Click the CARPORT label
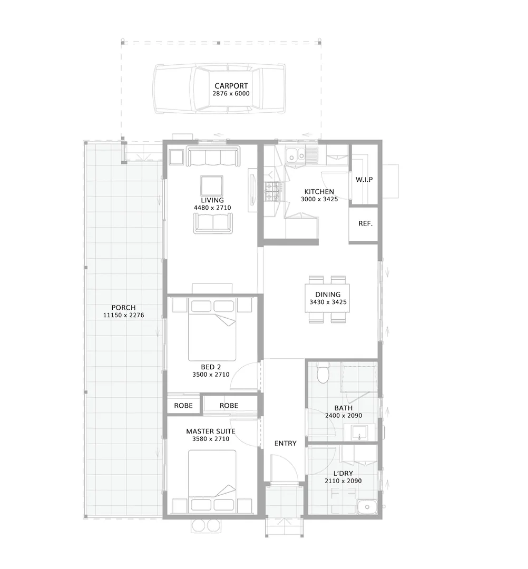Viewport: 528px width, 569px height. pos(231,86)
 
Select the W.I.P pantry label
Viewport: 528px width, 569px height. pos(364,180)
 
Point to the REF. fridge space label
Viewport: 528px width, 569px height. pos(365,223)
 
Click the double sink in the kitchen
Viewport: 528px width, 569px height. pos(295,155)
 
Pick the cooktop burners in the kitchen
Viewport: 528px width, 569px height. pos(273,191)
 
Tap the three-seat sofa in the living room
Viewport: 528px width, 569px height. pos(212,157)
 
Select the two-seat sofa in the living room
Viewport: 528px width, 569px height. pos(213,223)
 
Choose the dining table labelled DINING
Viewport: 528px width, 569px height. pos(327,299)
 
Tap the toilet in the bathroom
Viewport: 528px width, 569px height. pos(324,375)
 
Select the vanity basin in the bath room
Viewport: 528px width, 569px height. pos(360,433)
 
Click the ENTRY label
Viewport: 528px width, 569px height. pos(285,444)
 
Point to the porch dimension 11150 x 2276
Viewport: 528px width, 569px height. pos(124,316)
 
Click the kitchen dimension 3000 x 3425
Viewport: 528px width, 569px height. pos(319,200)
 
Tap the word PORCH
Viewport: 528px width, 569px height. pos(123,308)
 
